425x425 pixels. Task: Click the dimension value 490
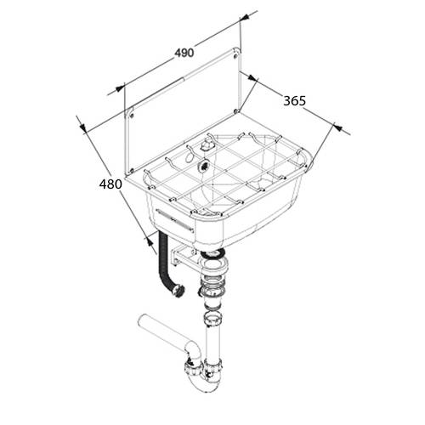(184, 53)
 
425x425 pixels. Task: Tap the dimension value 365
(295, 101)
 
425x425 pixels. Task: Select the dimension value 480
(110, 184)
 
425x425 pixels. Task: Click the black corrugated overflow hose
(164, 263)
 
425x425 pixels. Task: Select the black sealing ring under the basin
(212, 253)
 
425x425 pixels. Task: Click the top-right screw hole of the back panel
(235, 56)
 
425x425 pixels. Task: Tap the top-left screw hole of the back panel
(132, 116)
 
